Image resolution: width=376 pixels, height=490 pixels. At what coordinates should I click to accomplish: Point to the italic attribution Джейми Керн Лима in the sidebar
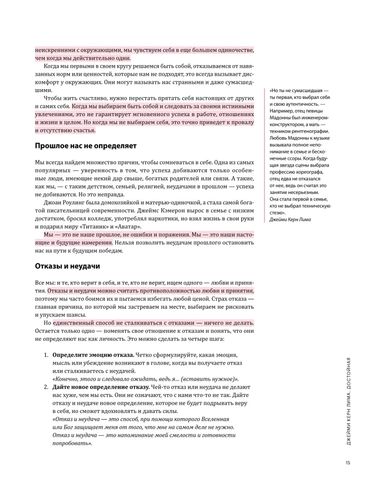point(294,219)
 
